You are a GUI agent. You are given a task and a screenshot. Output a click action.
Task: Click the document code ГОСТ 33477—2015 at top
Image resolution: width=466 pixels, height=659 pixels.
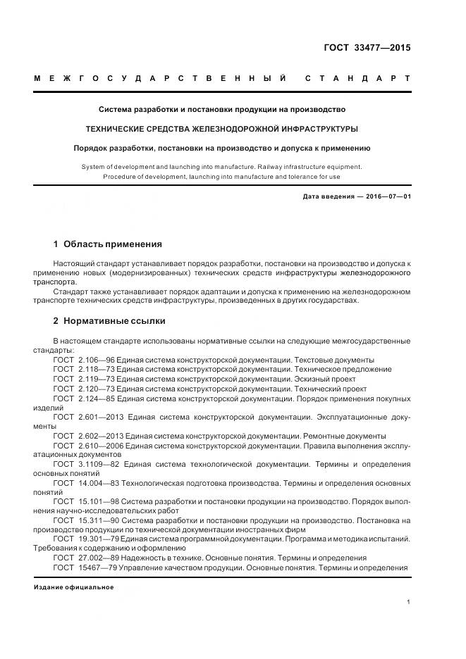click(x=368, y=49)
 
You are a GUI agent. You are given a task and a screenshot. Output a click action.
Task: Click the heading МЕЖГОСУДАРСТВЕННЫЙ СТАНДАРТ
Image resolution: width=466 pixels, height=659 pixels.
click(x=222, y=79)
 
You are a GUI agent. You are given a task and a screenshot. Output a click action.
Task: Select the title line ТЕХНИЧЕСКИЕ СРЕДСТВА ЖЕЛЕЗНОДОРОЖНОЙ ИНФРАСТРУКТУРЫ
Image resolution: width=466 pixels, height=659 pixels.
click(x=222, y=129)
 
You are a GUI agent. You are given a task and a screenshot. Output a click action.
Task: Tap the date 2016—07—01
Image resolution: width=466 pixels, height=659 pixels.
click(x=387, y=196)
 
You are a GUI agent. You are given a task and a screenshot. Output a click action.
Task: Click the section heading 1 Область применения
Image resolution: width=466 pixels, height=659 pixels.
click(x=108, y=244)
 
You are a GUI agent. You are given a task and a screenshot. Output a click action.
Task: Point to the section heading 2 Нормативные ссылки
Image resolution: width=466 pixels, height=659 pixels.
click(x=109, y=321)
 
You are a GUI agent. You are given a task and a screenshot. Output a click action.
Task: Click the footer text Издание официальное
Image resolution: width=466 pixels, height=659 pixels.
click(x=74, y=587)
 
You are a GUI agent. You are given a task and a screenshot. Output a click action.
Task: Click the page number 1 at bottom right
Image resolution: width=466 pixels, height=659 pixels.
click(x=409, y=603)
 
